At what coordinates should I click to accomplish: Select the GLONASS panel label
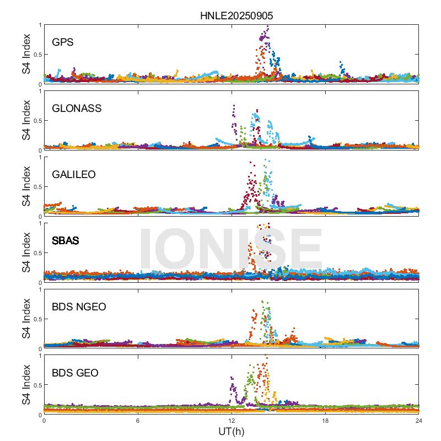click(x=77, y=108)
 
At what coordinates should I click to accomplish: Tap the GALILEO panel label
click(x=74, y=174)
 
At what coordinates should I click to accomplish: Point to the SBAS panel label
click(x=66, y=240)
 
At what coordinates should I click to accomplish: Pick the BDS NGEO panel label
click(x=79, y=306)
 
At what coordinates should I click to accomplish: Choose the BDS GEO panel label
click(x=75, y=373)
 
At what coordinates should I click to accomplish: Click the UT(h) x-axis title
click(x=232, y=431)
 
